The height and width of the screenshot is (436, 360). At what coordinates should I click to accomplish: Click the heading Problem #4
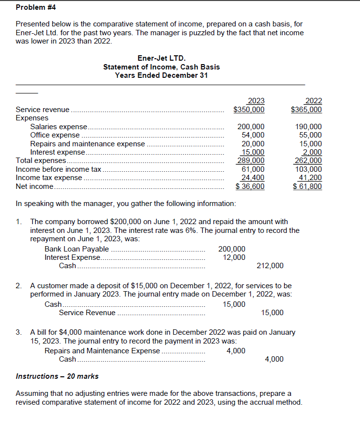(x=36, y=7)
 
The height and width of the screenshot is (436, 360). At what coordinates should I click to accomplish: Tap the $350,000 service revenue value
(x=249, y=110)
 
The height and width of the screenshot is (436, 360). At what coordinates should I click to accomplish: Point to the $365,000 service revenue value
(x=306, y=110)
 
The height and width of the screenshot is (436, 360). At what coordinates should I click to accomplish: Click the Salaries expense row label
(x=58, y=126)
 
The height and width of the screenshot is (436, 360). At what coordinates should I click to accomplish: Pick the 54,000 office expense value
(x=253, y=135)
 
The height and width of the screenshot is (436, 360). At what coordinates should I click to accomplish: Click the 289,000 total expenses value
(x=251, y=161)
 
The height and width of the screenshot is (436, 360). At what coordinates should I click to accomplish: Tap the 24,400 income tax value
(x=253, y=178)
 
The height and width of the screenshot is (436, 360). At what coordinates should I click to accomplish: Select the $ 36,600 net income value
(x=250, y=186)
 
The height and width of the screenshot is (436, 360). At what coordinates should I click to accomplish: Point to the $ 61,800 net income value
(x=307, y=186)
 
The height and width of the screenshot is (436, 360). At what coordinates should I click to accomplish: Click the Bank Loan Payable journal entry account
(x=76, y=249)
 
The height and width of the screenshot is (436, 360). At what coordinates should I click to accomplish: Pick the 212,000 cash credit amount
(x=270, y=266)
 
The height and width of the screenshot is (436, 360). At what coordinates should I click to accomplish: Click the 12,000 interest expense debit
(x=234, y=257)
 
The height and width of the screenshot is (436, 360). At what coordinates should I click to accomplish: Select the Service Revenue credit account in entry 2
(x=87, y=313)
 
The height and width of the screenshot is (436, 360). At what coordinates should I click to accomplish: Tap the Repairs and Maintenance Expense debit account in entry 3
(x=102, y=350)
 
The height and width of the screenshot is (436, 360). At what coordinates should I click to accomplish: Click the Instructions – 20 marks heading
(x=57, y=376)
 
